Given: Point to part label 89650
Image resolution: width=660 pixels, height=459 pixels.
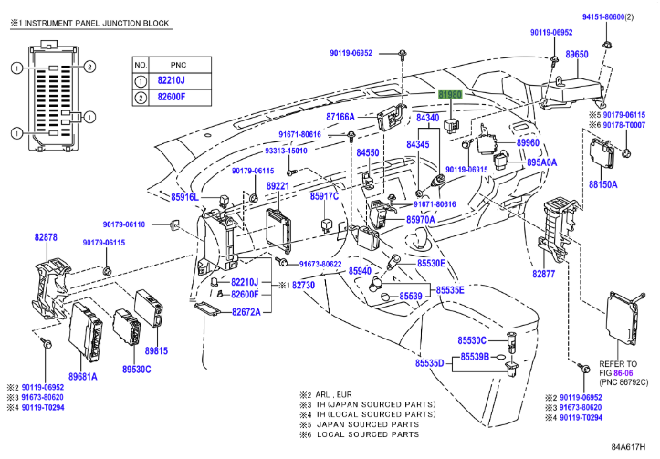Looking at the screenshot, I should tap(577, 56).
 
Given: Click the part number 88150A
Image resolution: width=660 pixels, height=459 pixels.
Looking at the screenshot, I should tap(602, 183).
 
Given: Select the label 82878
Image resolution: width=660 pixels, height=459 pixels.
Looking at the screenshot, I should tap(46, 237).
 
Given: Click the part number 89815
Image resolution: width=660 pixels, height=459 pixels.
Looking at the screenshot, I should tap(157, 350).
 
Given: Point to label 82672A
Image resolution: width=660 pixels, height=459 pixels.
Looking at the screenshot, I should tap(246, 311).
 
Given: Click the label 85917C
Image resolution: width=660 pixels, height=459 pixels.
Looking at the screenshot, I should tap(324, 196).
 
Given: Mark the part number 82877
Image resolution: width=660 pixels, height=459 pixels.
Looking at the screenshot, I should tap(545, 274).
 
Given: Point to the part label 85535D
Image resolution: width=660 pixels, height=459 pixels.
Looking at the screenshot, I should tap(429, 363).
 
